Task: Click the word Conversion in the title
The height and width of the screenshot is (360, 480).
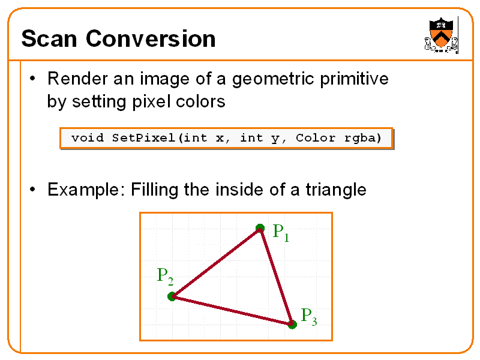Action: pos(151,39)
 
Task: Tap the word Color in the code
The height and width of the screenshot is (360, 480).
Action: pos(316,138)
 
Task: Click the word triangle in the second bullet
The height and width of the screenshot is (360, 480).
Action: pos(336,190)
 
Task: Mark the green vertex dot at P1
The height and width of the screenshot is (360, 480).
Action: pos(260,228)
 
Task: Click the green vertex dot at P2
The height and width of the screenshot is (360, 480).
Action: pos(172,296)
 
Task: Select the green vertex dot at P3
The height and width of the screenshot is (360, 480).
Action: pos(292,325)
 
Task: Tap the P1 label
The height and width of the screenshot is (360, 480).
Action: pos(281,232)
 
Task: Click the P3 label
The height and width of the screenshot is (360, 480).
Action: pos(308,316)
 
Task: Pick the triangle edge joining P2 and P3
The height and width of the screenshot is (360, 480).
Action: pos(232,310)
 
